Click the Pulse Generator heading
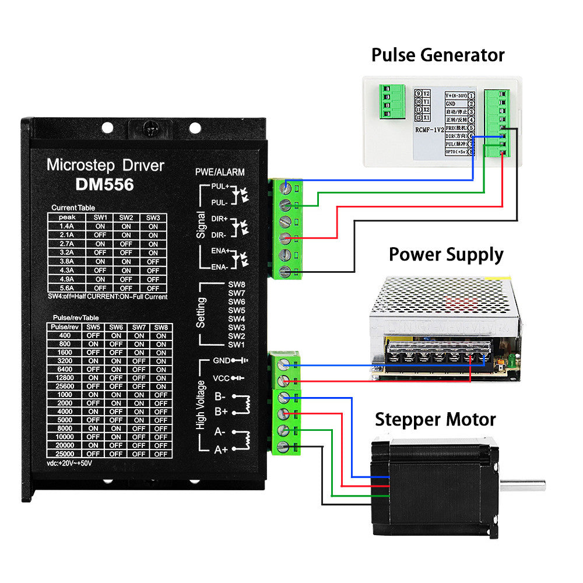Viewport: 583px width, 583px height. coord(438,55)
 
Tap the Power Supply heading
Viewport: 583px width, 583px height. coord(446,255)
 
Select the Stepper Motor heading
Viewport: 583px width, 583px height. coord(435,420)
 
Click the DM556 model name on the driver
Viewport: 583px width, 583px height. coord(104,185)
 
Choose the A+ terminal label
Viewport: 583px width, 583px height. coord(221,449)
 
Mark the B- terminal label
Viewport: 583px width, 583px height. coord(221,396)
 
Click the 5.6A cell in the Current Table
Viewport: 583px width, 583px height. coord(67,287)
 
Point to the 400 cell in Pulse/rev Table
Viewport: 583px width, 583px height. coord(65,335)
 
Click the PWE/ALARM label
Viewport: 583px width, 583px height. coord(220,172)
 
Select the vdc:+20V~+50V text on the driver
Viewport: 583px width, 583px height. coord(69,463)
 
